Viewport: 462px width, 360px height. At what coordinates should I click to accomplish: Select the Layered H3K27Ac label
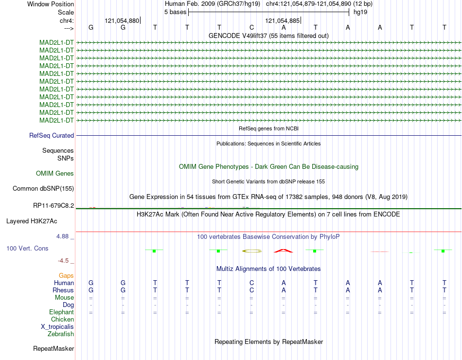(31, 221)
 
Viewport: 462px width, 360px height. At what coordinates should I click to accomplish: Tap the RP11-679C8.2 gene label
(53, 206)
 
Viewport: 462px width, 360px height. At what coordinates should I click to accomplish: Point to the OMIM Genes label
(55, 174)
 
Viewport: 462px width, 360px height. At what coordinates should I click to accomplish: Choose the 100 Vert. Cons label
(27, 249)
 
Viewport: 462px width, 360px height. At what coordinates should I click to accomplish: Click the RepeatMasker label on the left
(53, 349)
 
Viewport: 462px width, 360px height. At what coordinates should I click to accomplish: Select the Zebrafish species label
(61, 334)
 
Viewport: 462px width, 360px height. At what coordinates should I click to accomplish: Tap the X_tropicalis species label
(57, 327)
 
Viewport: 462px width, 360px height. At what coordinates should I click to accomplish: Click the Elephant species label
(61, 312)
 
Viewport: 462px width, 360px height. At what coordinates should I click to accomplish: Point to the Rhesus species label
(63, 290)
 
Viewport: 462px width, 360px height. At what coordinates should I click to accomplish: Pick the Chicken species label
(62, 320)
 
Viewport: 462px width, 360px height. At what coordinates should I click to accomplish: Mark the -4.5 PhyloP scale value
(63, 261)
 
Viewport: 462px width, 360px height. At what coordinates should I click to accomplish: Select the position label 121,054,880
(122, 21)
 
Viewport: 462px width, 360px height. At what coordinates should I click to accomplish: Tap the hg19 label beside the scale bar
(360, 12)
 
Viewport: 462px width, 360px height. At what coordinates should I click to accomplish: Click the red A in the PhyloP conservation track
(284, 251)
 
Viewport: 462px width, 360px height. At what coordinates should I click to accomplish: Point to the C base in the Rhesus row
(251, 290)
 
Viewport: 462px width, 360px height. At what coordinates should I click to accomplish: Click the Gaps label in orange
(66, 276)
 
